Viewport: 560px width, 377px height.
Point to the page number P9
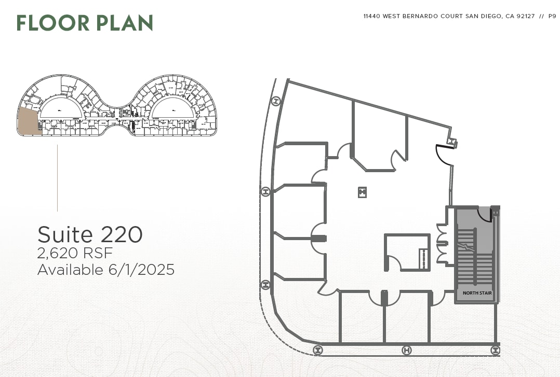point(552,17)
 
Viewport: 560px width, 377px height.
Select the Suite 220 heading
point(90,235)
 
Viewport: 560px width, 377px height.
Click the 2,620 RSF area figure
point(75,253)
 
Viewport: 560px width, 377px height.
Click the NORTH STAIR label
point(477,294)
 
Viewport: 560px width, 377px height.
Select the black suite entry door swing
point(443,154)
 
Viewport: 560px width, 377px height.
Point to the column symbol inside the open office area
point(362,192)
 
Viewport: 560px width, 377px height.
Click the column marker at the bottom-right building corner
point(496,351)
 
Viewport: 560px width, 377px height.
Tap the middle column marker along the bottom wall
point(407,351)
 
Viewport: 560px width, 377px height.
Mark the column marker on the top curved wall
point(276,101)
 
